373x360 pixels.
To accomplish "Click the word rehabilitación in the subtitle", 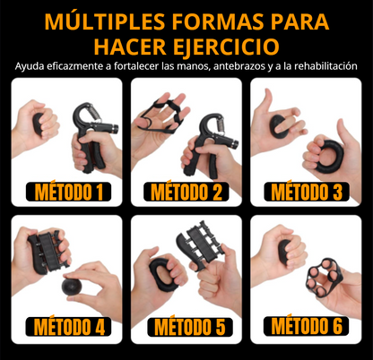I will coord(322,65).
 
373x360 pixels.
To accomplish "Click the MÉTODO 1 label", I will coord(67,190).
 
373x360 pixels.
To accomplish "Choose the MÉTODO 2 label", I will coord(186,190).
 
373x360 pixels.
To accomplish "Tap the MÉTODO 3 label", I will coord(305,190).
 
